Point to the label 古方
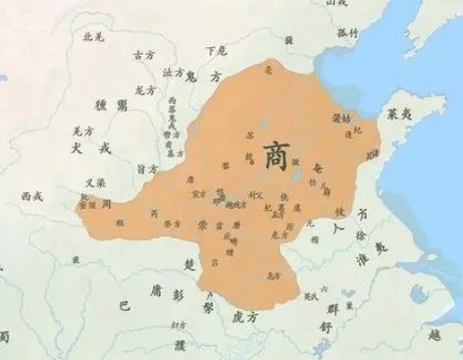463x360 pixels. [143, 54]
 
